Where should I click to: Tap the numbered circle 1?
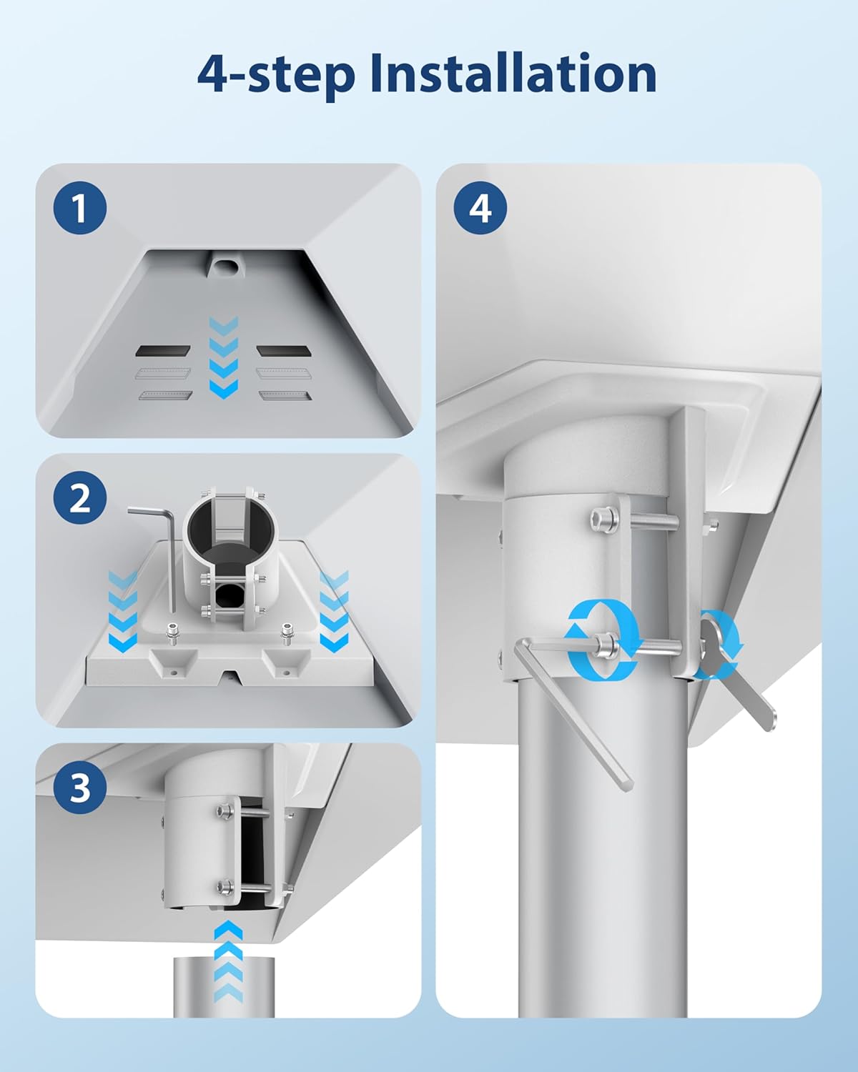(x=80, y=208)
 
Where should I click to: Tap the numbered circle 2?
(x=80, y=497)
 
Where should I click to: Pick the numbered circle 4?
(x=480, y=208)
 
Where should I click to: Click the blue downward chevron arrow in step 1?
(x=224, y=357)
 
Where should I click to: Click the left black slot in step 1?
(x=162, y=351)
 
